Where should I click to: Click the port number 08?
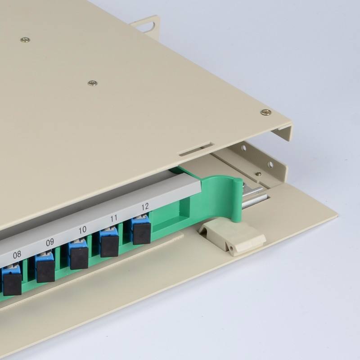coord(17,254)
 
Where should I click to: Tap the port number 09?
coord(50,242)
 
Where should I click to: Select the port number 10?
coord(82,230)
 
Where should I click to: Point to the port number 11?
coord(114,218)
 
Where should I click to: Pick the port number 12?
coord(145,207)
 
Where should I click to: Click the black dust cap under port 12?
coord(142,234)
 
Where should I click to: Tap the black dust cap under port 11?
coord(110,246)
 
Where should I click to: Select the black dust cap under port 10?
coord(79,258)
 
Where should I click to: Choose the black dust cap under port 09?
coord(45,271)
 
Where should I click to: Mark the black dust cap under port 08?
coord(12,284)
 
